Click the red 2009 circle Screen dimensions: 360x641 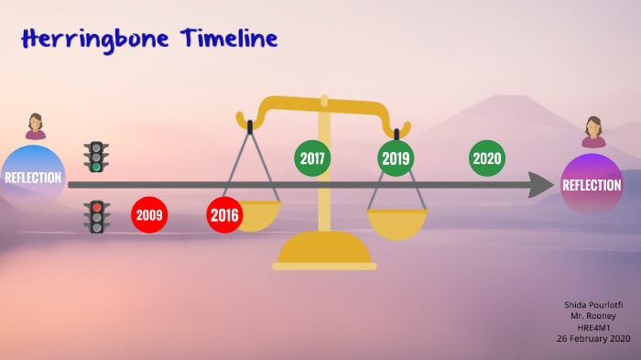[x=150, y=215]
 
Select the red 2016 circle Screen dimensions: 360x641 [x=224, y=215]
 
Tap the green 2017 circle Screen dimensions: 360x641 [x=312, y=158]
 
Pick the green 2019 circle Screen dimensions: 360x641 [x=396, y=158]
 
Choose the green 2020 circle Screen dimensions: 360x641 [x=487, y=158]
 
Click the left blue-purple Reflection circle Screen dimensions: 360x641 [x=33, y=177]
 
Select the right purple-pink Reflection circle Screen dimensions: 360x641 [x=592, y=184]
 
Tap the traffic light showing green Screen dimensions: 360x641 [x=95, y=157]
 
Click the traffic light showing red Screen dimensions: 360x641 [x=96, y=217]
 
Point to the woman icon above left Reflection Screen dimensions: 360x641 [x=35, y=126]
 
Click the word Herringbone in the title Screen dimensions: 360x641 [x=81, y=39]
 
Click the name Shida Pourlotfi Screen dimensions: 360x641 [x=592, y=304]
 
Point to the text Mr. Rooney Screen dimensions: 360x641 [x=592, y=315]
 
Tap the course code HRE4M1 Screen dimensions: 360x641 [x=592, y=326]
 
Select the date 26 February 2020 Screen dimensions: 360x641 [x=592, y=338]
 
